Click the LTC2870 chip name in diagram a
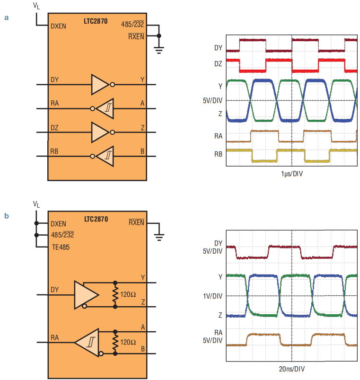tap(96, 21)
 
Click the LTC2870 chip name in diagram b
tap(96, 219)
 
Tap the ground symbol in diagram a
tap(159, 50)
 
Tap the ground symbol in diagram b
tap(159, 237)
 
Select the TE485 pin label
tap(61, 247)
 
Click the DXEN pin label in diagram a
tap(58, 26)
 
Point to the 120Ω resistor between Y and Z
tap(115, 295)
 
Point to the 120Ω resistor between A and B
tap(115, 343)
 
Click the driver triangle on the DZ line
tap(100, 133)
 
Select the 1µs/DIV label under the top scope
tap(292, 174)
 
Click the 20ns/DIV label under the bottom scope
tap(292, 369)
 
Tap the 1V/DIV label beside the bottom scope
tap(213, 296)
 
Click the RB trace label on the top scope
tap(218, 154)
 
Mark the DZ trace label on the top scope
tap(218, 64)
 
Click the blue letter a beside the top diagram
tap(7, 18)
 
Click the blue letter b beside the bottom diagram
tap(7, 216)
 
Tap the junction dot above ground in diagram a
tap(159, 36)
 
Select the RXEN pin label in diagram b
tap(136, 222)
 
